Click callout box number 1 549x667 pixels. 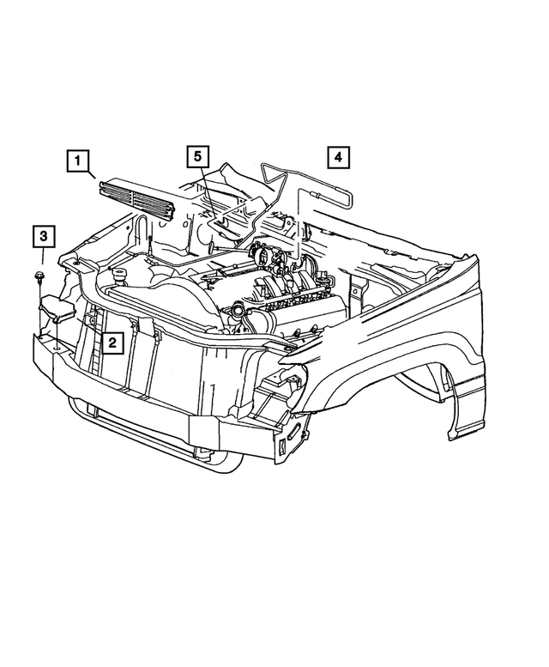tap(79, 161)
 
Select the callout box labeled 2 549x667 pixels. tap(112, 343)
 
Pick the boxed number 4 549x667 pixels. tap(337, 157)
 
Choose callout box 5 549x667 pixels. tap(197, 157)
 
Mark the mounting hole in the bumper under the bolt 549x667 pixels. tap(53, 346)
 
